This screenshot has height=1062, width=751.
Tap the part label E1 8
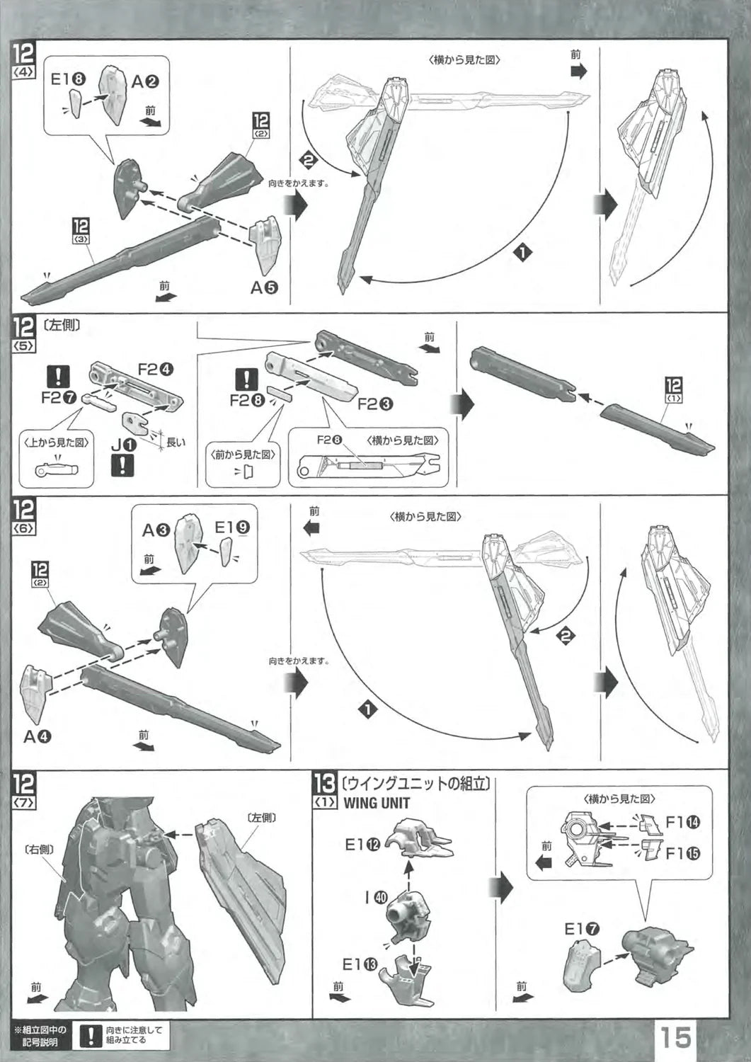(x=69, y=79)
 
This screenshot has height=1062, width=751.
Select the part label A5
(x=264, y=287)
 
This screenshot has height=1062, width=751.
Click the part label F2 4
(x=156, y=369)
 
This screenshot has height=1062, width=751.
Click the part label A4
(x=38, y=736)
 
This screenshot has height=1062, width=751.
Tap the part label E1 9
(x=232, y=527)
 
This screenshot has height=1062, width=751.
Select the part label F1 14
(x=684, y=822)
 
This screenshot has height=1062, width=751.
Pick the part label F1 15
(x=684, y=853)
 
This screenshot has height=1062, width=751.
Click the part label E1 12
(x=363, y=844)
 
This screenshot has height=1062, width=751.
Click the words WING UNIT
(x=377, y=803)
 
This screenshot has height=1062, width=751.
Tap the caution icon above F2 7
(x=55, y=375)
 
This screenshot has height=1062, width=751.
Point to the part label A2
(x=145, y=81)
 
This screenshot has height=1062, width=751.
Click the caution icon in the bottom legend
(x=90, y=1037)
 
